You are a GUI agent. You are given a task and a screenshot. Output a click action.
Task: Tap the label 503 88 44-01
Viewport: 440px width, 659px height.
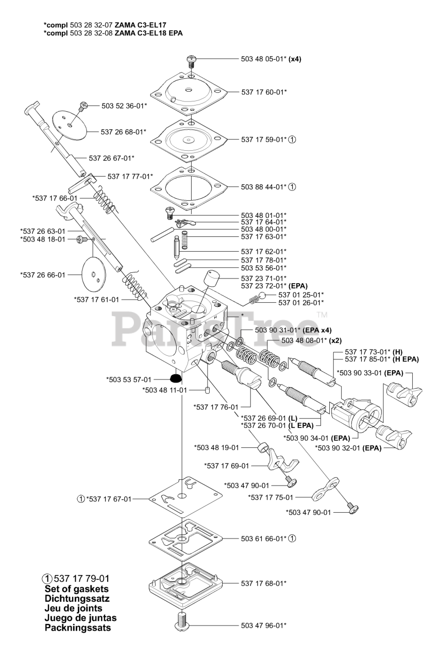pos(263,187)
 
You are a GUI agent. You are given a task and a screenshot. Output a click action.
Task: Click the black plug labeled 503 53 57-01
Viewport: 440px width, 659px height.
pos(176,379)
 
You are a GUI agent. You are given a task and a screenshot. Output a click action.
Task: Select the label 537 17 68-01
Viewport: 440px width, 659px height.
pos(263,583)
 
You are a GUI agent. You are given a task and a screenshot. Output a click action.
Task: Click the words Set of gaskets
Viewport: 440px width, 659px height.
pos(77,588)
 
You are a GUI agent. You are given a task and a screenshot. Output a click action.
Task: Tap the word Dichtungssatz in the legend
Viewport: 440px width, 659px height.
pos(77,598)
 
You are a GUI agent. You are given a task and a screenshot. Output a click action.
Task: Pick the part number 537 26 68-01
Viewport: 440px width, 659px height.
pos(124,132)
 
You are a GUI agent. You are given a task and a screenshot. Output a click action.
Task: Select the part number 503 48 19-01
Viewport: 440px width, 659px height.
pos(217,447)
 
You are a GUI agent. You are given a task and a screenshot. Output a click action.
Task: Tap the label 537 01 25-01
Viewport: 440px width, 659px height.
pos(301,294)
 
